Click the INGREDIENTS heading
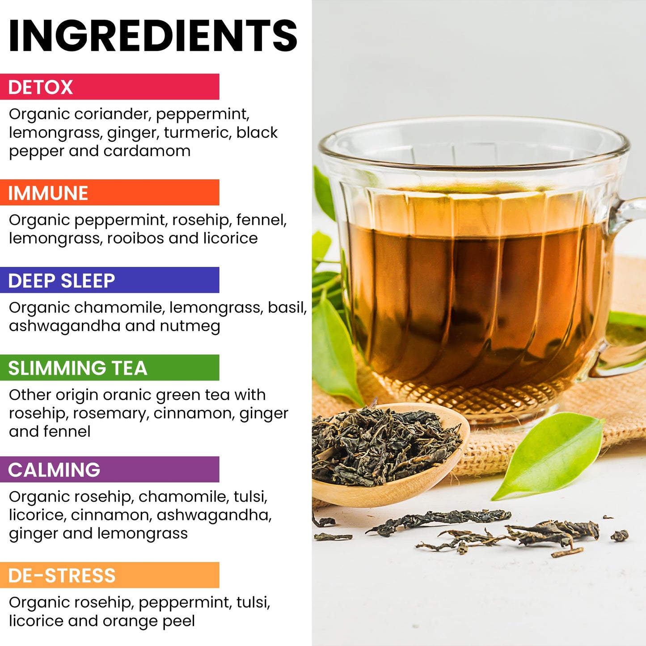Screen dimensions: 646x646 [153, 36]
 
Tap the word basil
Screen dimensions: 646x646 [287, 308]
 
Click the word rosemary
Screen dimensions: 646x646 [110, 414]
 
